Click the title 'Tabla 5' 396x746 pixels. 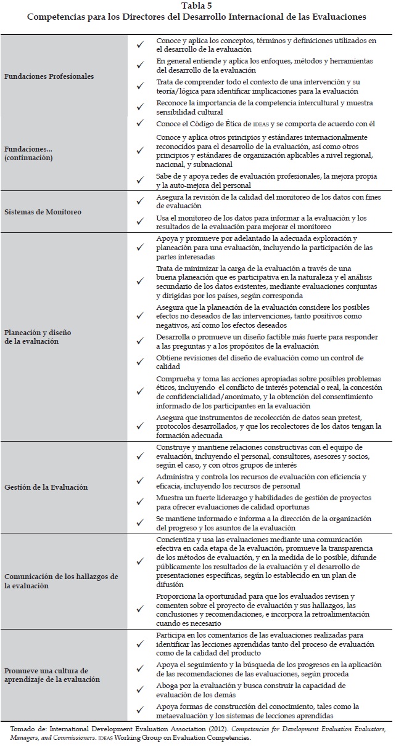pyautogui.click(x=197, y=6)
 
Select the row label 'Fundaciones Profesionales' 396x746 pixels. pyautogui.click(x=49, y=77)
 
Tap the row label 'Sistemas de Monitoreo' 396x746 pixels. pyautogui.click(x=43, y=212)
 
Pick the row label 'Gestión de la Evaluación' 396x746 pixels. pyautogui.click(x=46, y=487)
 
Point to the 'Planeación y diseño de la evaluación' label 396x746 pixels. pyautogui.click(x=38, y=337)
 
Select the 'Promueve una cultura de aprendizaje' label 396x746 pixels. pyautogui.click(x=46, y=675)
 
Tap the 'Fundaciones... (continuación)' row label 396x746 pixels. pyautogui.click(x=30, y=153)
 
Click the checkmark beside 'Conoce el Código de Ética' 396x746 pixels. pyautogui.click(x=141, y=124)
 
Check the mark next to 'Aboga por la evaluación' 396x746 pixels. pyautogui.click(x=141, y=689)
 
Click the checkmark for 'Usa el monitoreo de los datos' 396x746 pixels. pyautogui.click(x=141, y=222)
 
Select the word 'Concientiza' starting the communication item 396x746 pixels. pyautogui.click(x=176, y=539)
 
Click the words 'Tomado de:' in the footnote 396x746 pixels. pyautogui.click(x=28, y=729)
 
